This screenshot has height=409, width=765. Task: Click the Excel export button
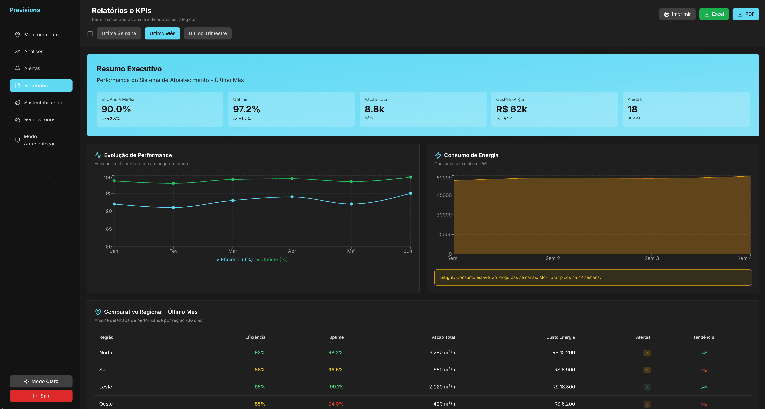pyautogui.click(x=714, y=14)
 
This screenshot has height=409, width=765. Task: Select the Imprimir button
pyautogui.click(x=677, y=14)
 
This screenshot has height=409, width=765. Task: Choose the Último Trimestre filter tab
pyautogui.click(x=208, y=33)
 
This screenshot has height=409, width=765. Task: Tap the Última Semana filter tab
pyautogui.click(x=118, y=33)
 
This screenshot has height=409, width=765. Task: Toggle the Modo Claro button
pyautogui.click(x=41, y=381)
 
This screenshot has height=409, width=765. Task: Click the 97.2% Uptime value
pyautogui.click(x=246, y=109)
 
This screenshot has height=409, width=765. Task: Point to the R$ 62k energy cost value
pyautogui.click(x=511, y=109)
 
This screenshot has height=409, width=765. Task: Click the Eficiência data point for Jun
pyautogui.click(x=410, y=193)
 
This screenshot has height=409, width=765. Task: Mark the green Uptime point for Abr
pyautogui.click(x=292, y=179)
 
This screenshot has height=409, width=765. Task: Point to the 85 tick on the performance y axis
pyautogui.click(x=109, y=229)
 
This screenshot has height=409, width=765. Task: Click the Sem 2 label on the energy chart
pyautogui.click(x=552, y=258)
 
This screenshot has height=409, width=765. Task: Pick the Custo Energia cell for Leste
pyautogui.click(x=563, y=387)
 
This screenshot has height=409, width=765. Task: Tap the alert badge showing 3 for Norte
pyautogui.click(x=647, y=353)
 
